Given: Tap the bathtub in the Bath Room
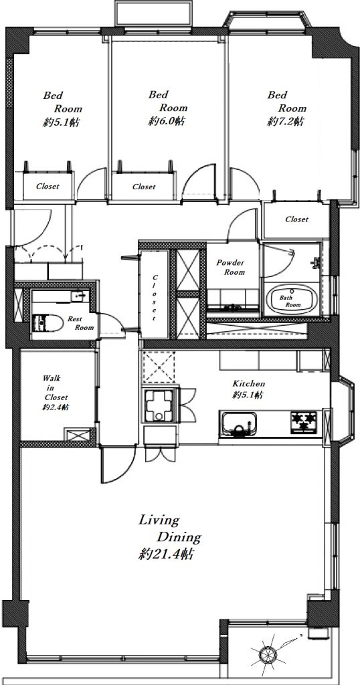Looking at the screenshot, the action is click(x=290, y=299).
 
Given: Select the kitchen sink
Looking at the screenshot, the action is click(x=238, y=423).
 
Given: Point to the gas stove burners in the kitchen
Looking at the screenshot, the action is click(x=304, y=422).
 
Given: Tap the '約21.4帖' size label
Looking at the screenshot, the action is click(x=166, y=555).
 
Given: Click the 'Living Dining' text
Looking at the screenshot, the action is click(x=169, y=528).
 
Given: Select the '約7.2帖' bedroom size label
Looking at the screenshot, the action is click(x=285, y=122).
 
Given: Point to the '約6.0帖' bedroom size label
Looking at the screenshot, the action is click(x=166, y=121).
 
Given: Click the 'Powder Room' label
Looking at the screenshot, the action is click(x=231, y=268).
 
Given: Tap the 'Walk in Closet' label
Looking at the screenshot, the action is click(x=55, y=387).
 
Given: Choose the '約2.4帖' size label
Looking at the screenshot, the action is click(x=55, y=408).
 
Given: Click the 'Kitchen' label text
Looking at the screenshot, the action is click(x=248, y=384).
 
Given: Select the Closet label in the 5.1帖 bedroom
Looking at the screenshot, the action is click(x=48, y=186).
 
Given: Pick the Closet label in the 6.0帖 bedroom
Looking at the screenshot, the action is click(x=144, y=187).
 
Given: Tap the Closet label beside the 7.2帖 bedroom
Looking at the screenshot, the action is click(x=296, y=219).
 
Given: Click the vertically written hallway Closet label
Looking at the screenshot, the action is click(x=154, y=298).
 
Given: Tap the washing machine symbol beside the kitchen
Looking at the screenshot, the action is click(x=159, y=406).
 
